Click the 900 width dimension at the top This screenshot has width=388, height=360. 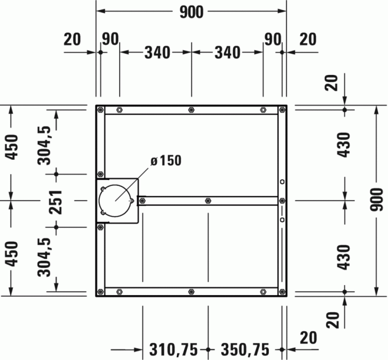(191, 12)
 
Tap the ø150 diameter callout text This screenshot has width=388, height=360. (166, 161)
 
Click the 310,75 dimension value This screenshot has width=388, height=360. (173, 349)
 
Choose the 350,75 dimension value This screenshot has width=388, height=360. (245, 349)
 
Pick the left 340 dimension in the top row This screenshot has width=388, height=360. (157, 53)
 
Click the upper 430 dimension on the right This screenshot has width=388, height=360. (344, 145)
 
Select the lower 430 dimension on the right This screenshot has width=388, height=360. (344, 257)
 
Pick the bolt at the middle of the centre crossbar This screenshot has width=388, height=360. (207, 200)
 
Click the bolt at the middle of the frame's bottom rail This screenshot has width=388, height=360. (191, 292)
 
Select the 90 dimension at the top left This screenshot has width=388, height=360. (110, 39)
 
